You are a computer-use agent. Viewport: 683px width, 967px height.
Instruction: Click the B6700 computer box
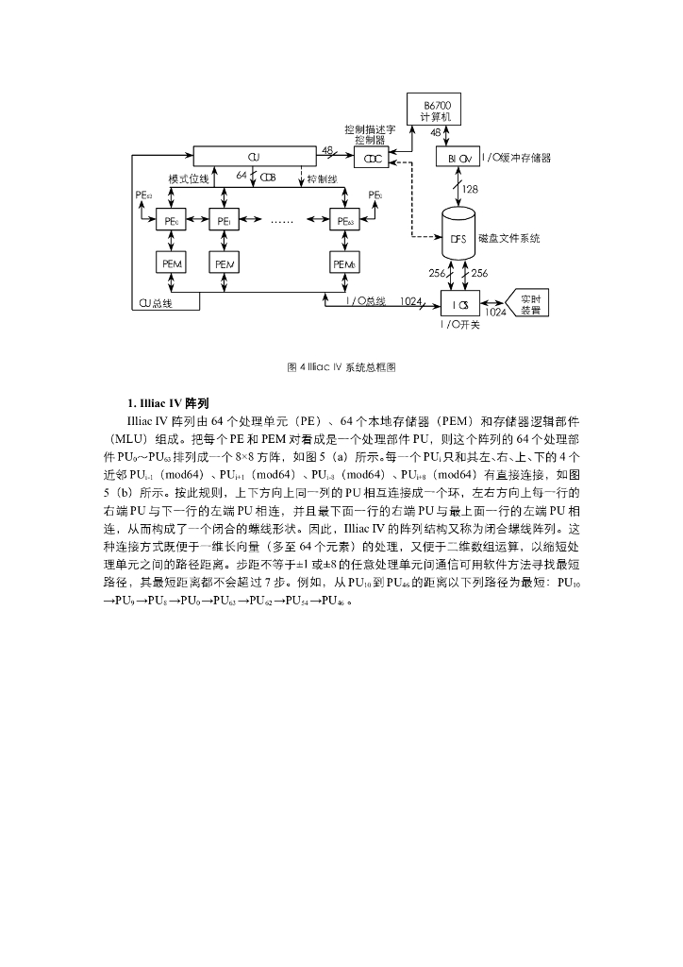436,110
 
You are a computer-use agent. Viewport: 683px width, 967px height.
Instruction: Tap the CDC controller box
373,158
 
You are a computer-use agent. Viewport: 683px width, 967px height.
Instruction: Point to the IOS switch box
459,304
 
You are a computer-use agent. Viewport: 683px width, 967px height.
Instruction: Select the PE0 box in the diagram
172,221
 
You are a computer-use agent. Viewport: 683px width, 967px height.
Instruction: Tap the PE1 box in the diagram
224,221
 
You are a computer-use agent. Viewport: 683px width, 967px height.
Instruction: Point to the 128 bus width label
470,189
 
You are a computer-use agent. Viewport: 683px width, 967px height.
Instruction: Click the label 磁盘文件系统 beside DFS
508,238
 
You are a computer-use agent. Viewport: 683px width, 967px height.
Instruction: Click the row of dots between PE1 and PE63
282,222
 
